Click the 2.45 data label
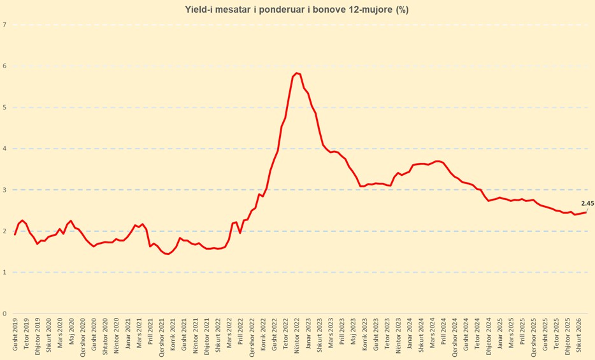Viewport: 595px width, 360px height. click(x=587, y=204)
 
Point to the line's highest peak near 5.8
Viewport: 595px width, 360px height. click(x=297, y=73)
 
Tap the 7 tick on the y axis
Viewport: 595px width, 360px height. click(x=4, y=25)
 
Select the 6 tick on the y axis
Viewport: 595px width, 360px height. click(x=4, y=66)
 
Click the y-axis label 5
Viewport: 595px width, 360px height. click(x=4, y=107)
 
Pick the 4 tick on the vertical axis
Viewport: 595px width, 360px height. click(x=4, y=148)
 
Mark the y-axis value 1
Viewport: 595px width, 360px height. click(x=4, y=272)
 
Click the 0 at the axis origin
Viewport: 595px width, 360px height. click(x=4, y=313)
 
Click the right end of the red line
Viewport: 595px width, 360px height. click(x=586, y=212)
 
